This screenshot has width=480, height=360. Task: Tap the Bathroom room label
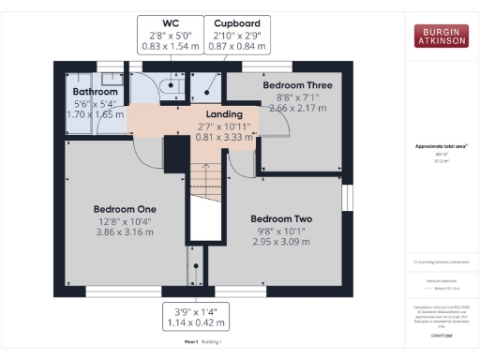[96, 91]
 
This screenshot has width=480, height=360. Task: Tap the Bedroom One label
[125, 208]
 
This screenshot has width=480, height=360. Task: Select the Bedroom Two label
[281, 219]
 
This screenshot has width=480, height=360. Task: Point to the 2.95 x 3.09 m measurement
[281, 242]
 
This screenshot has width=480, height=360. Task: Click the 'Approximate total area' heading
[441, 146]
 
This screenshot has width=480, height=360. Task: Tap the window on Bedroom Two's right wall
[346, 198]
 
